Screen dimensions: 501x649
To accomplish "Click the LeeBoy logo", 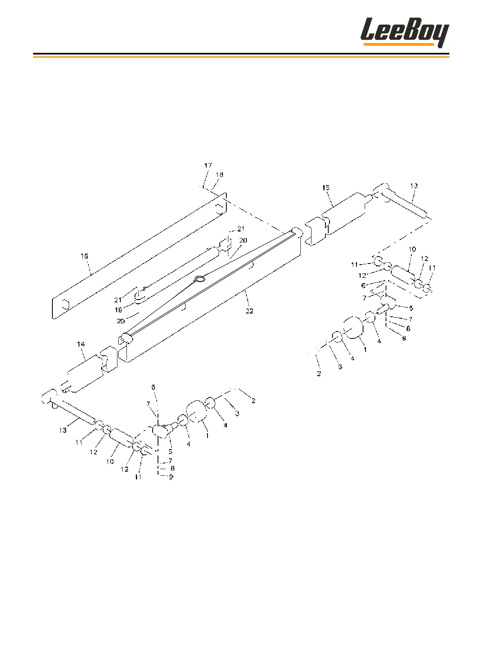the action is click(404, 32).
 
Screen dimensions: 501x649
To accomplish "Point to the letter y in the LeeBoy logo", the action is click(441, 35).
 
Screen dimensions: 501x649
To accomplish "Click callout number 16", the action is click(84, 256).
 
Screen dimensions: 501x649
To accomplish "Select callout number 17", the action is click(208, 166).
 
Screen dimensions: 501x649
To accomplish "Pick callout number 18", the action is click(219, 175).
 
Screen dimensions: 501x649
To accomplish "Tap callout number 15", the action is click(325, 188).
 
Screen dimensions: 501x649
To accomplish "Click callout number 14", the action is click(81, 345).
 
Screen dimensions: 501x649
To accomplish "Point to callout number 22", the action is click(249, 311).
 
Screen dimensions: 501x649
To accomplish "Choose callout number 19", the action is click(118, 310).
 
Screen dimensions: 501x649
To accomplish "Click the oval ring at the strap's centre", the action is click(200, 279).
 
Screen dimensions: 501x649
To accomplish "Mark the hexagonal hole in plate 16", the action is click(65, 304).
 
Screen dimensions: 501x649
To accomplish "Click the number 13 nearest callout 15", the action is click(414, 186).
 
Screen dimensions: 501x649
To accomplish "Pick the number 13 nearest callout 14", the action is click(63, 430).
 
